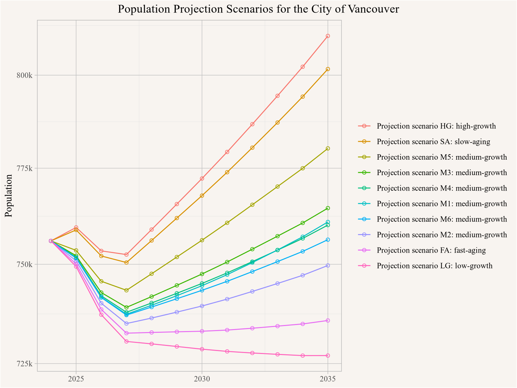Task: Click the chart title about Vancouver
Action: click(258, 9)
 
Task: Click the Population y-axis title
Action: click(9, 196)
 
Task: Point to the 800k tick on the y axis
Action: click(25, 75)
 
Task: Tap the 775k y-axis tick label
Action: click(25, 168)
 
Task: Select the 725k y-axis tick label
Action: click(25, 364)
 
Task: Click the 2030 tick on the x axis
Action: click(202, 379)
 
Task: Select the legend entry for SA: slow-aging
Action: click(434, 142)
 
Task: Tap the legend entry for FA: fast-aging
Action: click(431, 250)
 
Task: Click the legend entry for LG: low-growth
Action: click(435, 266)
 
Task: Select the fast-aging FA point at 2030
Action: click(202, 331)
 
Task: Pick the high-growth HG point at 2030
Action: click(202, 179)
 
